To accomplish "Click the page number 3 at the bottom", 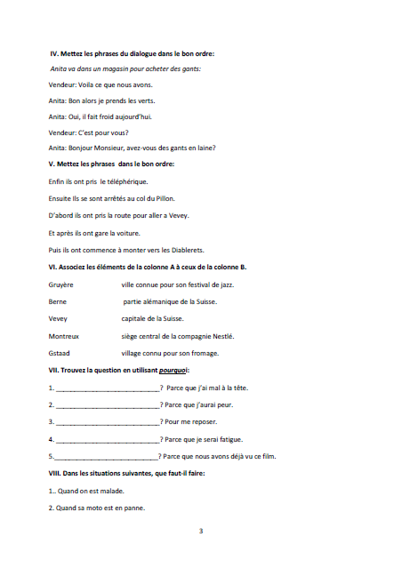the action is click(x=201, y=532).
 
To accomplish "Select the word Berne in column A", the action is click(x=57, y=302).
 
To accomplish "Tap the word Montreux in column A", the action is click(x=64, y=336).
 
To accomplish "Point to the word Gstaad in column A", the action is click(x=60, y=353).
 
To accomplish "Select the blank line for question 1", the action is click(x=108, y=388).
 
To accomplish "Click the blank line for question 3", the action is click(x=108, y=421).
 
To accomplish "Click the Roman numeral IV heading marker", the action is click(x=54, y=53).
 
